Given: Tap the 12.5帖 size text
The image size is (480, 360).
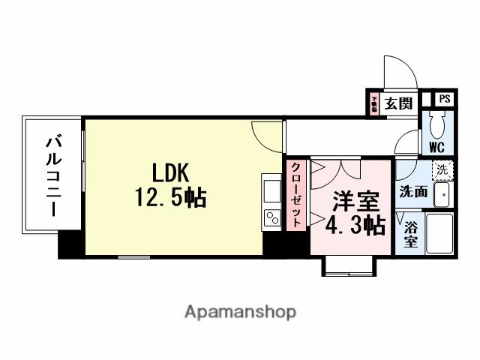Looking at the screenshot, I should [171, 198].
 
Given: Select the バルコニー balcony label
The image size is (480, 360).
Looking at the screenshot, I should [52, 174].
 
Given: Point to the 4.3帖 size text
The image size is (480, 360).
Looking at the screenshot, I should [355, 225].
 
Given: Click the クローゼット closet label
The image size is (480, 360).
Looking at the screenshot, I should [296, 194].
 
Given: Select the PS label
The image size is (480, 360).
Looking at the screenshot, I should [445, 98].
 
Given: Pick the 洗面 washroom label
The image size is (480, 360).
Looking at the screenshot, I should [413, 191].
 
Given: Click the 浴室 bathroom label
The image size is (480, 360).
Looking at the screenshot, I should [411, 235].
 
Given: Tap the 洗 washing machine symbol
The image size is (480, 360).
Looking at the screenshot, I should [442, 170].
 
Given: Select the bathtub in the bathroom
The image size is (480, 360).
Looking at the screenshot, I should [439, 235].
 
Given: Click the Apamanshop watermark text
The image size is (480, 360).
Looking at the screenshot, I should [240, 311].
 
